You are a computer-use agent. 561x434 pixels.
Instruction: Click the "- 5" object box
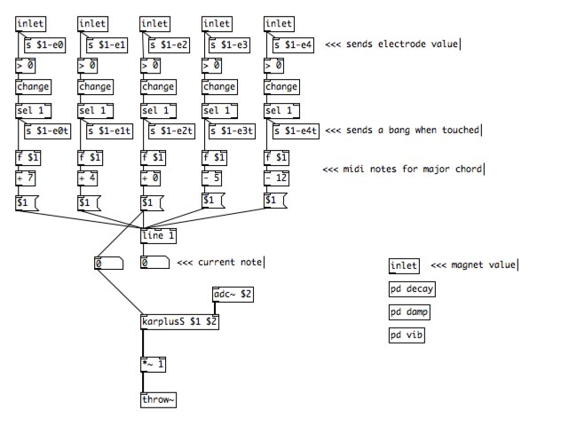(217, 178)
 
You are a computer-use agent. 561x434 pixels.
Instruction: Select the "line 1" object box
(158, 236)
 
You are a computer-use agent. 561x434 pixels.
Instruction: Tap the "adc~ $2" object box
(233, 294)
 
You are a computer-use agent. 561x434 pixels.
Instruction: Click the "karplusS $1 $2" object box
(179, 322)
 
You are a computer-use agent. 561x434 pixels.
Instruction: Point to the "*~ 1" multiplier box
(154, 364)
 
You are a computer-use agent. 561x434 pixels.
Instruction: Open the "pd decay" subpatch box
(411, 289)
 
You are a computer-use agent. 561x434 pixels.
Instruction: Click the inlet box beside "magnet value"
(403, 265)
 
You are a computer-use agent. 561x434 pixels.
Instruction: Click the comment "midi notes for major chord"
(402, 170)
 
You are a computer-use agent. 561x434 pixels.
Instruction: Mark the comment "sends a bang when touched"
(402, 130)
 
